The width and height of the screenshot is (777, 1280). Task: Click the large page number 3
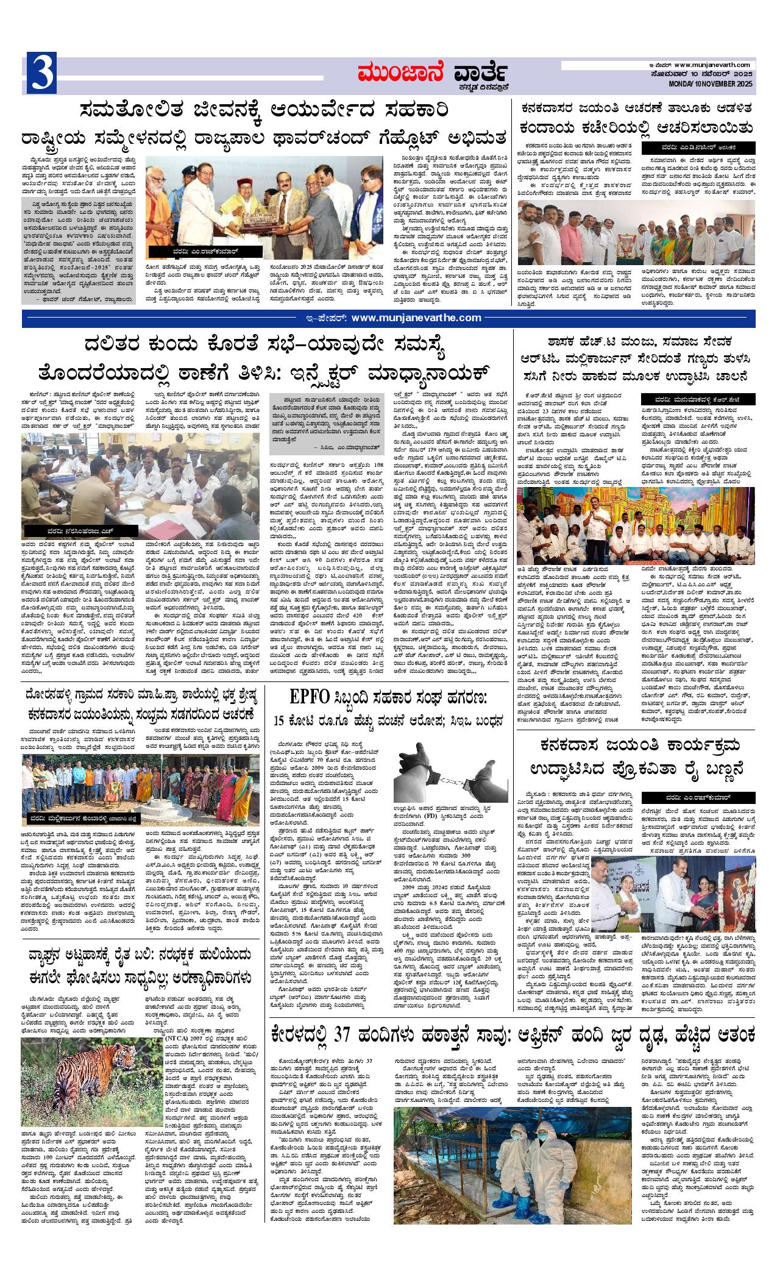point(41,73)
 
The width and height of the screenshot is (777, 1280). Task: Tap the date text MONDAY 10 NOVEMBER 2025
point(711,83)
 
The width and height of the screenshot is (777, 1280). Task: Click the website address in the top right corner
point(714,65)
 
